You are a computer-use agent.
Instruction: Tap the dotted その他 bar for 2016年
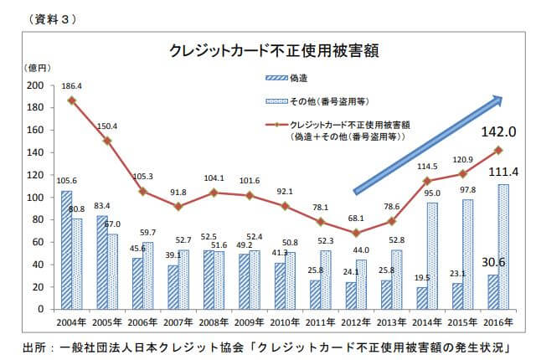coord(503,246)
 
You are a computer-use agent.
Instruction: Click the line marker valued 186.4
coord(72,100)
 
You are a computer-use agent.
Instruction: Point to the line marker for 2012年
coord(358,232)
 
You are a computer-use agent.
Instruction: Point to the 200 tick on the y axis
coord(34,85)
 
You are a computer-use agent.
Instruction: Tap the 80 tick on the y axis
coord(37,220)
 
